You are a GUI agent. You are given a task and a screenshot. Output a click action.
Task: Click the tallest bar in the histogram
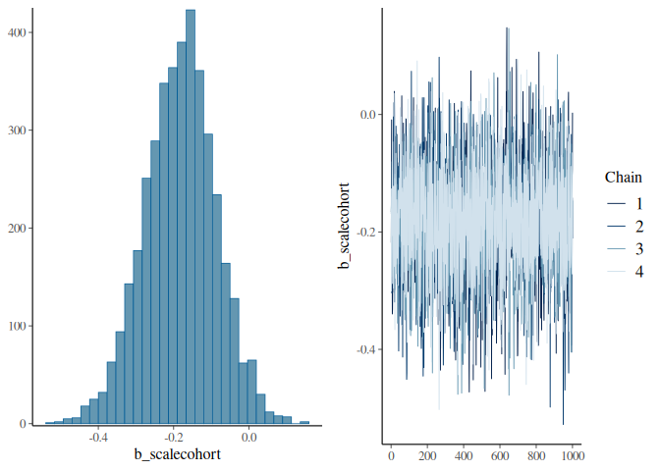pyautogui.click(x=191, y=217)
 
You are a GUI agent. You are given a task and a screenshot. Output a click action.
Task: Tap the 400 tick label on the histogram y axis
pyautogui.click(x=17, y=32)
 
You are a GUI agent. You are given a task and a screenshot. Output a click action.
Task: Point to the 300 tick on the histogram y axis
pyautogui.click(x=17, y=131)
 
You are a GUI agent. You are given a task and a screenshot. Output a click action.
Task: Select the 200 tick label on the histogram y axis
pyautogui.click(x=17, y=229)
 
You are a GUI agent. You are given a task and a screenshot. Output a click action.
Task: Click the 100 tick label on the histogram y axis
pyautogui.click(x=17, y=326)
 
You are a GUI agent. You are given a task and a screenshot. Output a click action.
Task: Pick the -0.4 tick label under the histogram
pyautogui.click(x=98, y=438)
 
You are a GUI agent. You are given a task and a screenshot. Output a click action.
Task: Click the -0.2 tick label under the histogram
pyautogui.click(x=174, y=438)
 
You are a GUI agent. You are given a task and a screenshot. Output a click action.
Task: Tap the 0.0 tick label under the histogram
pyautogui.click(x=249, y=438)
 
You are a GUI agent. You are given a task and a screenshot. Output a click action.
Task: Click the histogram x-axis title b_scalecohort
pyautogui.click(x=177, y=454)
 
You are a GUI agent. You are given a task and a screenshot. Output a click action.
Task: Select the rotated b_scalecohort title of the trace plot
pyautogui.click(x=345, y=226)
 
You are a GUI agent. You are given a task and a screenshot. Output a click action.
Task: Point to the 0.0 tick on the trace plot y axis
pyautogui.click(x=368, y=115)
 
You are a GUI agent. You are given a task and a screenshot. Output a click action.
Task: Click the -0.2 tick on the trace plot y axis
pyautogui.click(x=367, y=233)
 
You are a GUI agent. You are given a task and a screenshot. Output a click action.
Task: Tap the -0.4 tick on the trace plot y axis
pyautogui.click(x=367, y=349)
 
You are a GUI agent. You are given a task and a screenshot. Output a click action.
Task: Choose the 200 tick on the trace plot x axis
pyautogui.click(x=427, y=456)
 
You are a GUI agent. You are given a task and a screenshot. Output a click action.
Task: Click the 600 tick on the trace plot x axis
pyautogui.click(x=500, y=456)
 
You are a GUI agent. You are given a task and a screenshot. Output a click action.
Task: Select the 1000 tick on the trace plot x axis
pyautogui.click(x=572, y=456)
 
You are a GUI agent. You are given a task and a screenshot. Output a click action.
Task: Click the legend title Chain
pyautogui.click(x=624, y=178)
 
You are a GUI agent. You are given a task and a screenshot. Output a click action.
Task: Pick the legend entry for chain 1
pyautogui.click(x=625, y=204)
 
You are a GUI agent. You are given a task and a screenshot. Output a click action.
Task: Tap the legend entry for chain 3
pyautogui.click(x=625, y=249)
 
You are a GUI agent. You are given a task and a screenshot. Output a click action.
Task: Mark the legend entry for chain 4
pyautogui.click(x=625, y=272)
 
